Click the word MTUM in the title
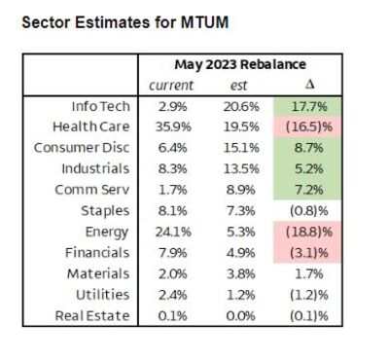click(204, 22)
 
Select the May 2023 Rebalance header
click(240, 64)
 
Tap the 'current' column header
click(171, 86)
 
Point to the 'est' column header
click(239, 86)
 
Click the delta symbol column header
click(309, 85)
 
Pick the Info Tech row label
click(101, 106)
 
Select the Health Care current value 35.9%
click(173, 126)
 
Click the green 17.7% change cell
click(309, 106)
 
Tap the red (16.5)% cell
click(309, 126)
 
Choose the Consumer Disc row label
click(82, 148)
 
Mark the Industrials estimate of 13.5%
click(241, 168)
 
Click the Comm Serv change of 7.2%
click(309, 190)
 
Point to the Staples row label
click(105, 211)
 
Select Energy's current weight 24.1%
click(173, 232)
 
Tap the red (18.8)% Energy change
click(309, 232)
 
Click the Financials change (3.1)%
click(309, 253)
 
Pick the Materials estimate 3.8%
click(240, 274)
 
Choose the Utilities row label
click(103, 295)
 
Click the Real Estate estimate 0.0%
click(240, 316)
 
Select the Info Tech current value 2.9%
click(173, 106)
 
